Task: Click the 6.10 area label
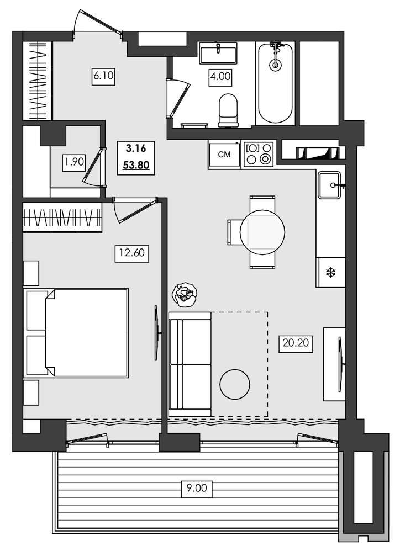103,76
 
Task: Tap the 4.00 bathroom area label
220,76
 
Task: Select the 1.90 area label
73,162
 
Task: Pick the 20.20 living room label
296,344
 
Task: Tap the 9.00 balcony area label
196,487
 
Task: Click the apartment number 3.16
136,148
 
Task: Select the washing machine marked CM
224,155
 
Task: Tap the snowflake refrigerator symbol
330,272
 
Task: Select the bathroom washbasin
218,54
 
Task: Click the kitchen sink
331,184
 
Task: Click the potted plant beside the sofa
185,294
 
